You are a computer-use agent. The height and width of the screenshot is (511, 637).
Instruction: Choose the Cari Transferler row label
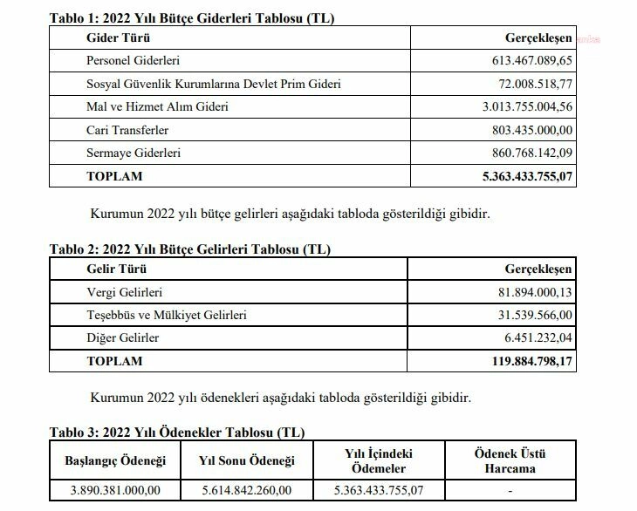[x=127, y=130]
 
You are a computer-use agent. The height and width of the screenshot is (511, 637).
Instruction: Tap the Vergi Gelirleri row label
[x=125, y=291]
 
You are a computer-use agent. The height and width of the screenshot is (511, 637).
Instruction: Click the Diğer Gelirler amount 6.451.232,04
[x=538, y=337]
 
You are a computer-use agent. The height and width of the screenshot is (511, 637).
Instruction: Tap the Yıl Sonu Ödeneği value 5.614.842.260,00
[x=247, y=490]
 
